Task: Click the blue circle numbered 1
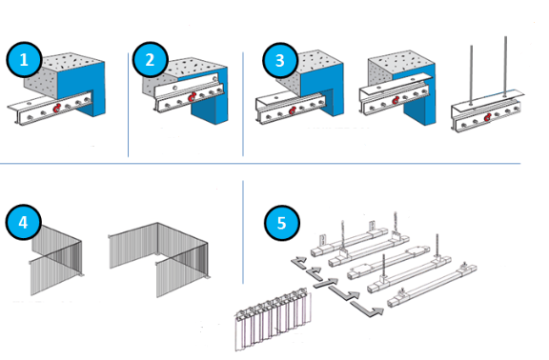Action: [24, 59]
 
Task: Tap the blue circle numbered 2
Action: [150, 59]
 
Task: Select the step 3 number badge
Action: [280, 60]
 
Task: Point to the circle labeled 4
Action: [23, 222]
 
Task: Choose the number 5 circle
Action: [282, 223]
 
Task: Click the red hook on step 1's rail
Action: [57, 109]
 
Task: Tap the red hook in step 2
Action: [192, 97]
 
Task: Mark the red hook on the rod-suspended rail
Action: [487, 117]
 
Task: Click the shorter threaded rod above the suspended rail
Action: [471, 74]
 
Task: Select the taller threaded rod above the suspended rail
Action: [505, 66]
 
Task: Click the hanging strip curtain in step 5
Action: [273, 319]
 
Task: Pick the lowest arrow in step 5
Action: [367, 309]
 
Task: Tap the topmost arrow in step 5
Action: [298, 263]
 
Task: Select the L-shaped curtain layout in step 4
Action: [56, 260]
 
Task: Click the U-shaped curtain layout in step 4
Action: [158, 259]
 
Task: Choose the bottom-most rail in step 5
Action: [432, 286]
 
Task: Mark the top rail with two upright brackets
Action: [350, 241]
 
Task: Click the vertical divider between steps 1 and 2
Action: [128, 105]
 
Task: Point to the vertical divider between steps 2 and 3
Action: [243, 104]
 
